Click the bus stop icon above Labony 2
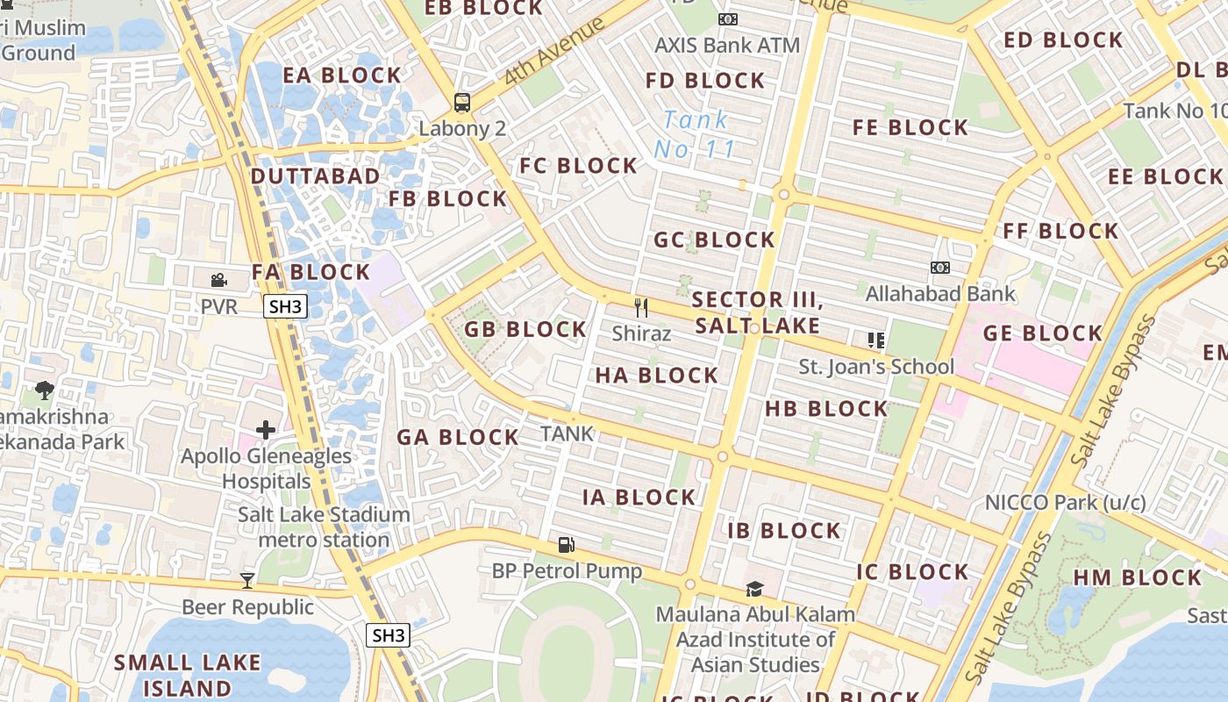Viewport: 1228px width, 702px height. point(461,103)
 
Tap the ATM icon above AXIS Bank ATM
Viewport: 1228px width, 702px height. point(727,19)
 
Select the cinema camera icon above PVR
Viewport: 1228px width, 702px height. point(218,281)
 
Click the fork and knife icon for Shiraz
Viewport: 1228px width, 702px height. point(641,307)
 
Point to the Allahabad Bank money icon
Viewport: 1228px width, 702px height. point(939,268)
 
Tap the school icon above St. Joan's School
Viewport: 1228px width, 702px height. point(875,340)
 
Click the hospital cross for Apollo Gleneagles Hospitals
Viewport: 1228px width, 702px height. point(266,430)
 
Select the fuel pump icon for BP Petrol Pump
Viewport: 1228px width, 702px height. point(566,545)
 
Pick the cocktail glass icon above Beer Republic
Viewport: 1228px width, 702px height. point(247,580)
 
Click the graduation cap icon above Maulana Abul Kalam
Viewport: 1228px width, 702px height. point(754,589)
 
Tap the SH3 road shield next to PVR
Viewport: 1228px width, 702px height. point(285,306)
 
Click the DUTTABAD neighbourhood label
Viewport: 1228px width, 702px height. point(316,176)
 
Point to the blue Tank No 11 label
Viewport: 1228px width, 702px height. point(695,134)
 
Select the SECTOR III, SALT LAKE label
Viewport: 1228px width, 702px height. point(757,313)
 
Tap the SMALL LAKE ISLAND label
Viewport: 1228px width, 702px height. point(187,675)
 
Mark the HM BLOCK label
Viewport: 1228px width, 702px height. point(1137,577)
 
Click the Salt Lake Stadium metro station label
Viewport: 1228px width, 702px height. point(324,526)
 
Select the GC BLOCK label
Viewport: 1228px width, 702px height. point(714,240)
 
